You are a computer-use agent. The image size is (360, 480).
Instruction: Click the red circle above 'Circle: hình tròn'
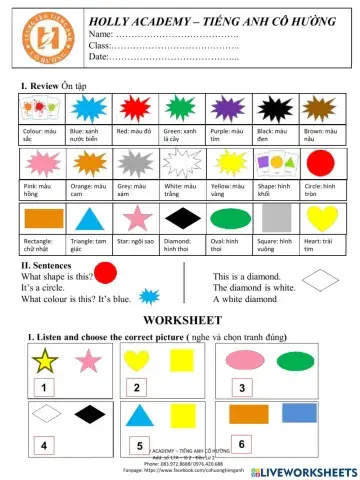click(319, 162)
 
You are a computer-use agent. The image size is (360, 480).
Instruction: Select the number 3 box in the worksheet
click(242, 387)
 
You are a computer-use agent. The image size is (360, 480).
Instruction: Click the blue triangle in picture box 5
click(142, 414)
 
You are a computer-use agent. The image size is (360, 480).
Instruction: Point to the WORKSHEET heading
click(180, 319)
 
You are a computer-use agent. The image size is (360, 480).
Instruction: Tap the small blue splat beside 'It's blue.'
click(148, 297)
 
